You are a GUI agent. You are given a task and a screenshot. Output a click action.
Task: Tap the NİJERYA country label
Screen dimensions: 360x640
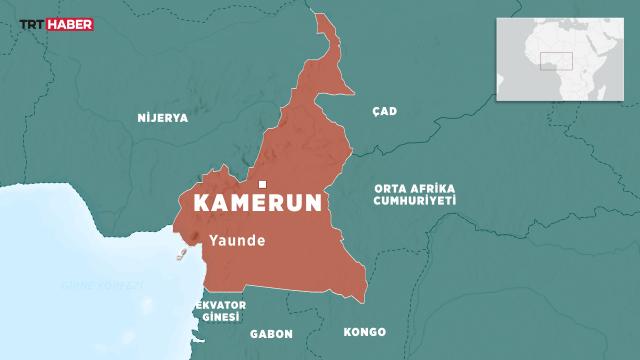click(161, 117)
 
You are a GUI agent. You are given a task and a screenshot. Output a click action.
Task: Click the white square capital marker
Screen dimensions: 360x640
click(263, 184)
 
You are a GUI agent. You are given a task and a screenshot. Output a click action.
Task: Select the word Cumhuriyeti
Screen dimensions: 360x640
click(414, 200)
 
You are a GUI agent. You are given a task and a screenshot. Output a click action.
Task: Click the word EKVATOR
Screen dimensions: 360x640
click(221, 304)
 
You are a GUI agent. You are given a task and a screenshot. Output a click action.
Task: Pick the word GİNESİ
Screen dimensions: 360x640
click(221, 317)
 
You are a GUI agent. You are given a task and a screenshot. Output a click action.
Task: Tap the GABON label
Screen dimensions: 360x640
click(271, 332)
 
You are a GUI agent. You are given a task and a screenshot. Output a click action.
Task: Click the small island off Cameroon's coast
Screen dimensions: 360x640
click(183, 256)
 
